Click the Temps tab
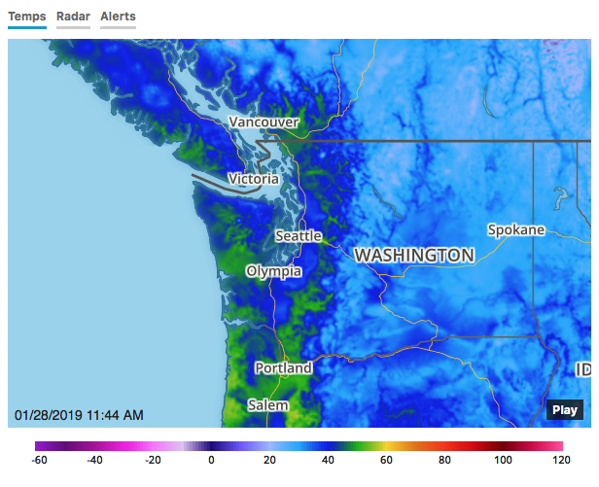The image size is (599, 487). [27, 17]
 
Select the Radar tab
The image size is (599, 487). [73, 17]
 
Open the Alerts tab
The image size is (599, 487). [118, 17]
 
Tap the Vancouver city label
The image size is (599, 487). [264, 122]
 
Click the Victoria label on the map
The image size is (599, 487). [253, 179]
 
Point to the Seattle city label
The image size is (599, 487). [298, 236]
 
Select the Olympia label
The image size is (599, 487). [273, 271]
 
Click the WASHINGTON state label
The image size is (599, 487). [415, 255]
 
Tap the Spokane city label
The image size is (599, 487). [515, 230]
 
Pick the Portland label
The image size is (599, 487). [283, 368]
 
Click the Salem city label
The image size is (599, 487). [267, 404]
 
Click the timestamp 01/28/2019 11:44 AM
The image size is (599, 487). [79, 415]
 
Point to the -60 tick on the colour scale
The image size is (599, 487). [41, 461]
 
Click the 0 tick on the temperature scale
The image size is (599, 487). [211, 461]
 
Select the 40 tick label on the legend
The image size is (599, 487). [327, 461]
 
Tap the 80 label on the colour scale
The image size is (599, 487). [444, 461]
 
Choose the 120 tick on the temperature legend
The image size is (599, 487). [559, 461]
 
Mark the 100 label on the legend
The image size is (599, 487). [502, 461]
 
